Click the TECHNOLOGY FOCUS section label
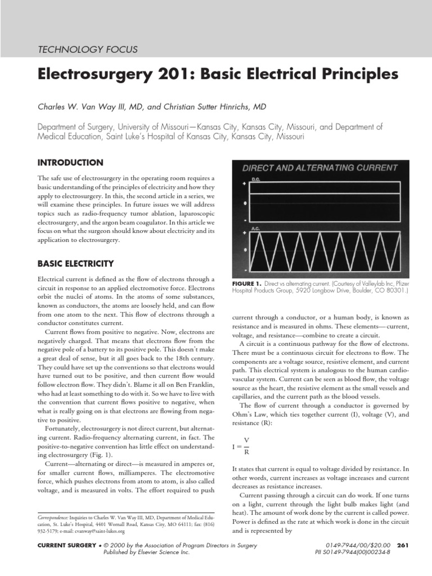87,49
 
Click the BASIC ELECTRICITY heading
75,263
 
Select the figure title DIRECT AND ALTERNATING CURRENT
320,168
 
